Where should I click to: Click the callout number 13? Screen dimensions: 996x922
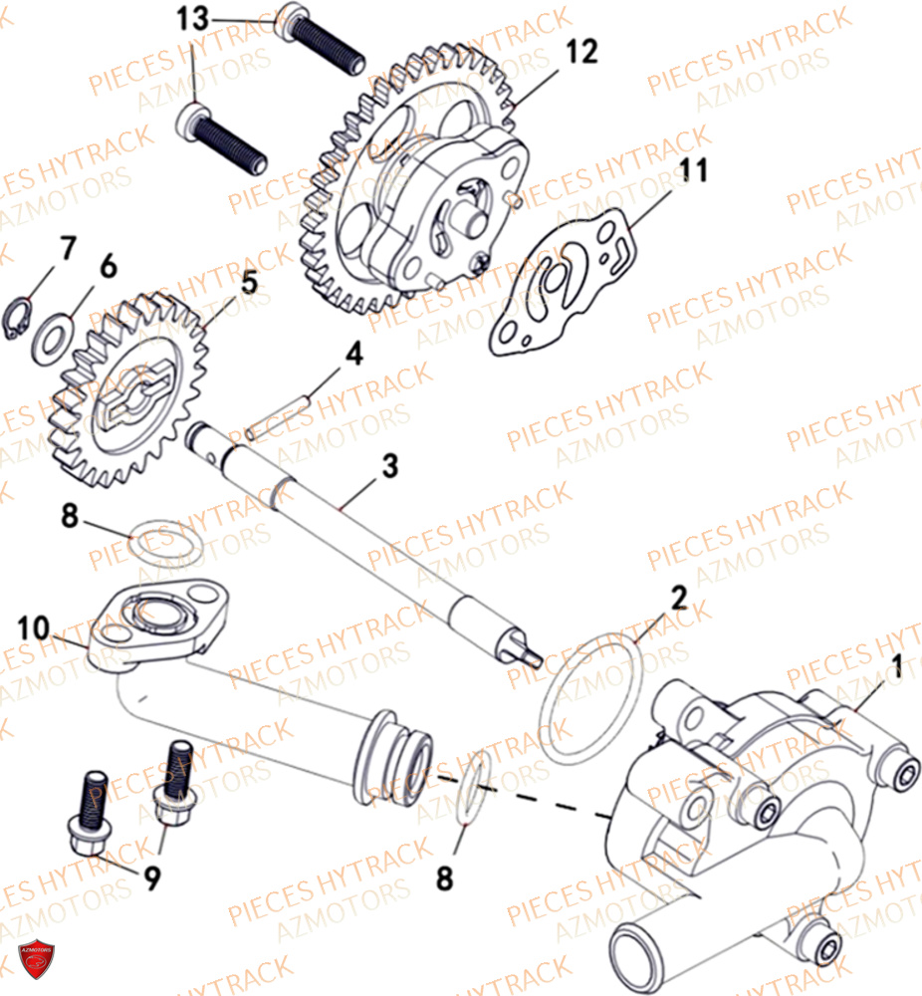(x=194, y=19)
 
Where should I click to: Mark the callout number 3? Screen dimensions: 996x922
(x=389, y=464)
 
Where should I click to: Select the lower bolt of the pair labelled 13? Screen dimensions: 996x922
(x=224, y=139)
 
